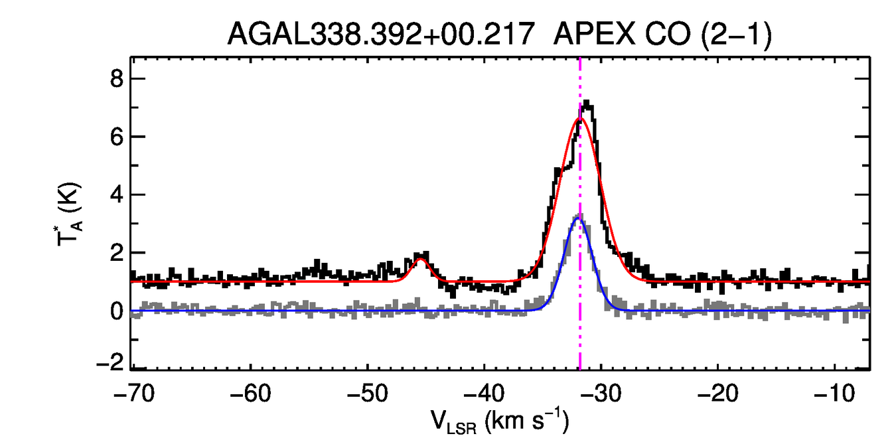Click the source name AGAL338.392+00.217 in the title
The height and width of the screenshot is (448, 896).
pos(381,34)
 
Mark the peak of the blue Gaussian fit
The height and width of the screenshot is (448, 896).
pos(578,218)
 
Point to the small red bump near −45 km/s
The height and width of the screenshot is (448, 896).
pos(420,260)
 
